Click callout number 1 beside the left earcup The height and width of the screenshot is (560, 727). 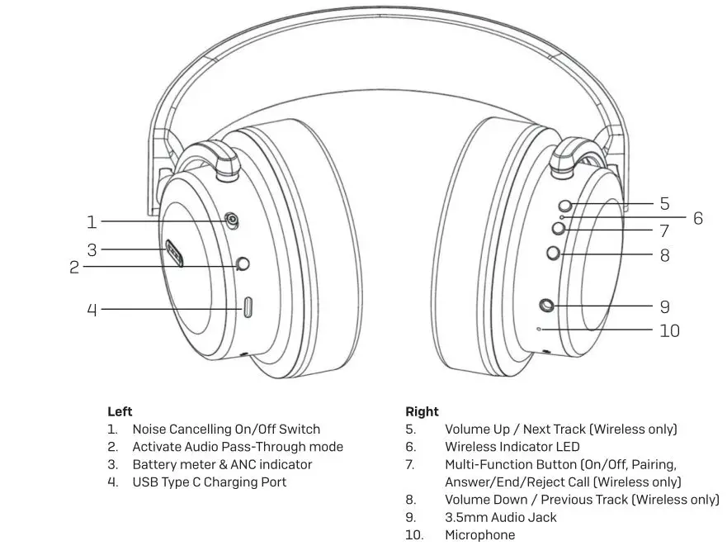92,221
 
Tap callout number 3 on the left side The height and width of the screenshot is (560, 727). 92,249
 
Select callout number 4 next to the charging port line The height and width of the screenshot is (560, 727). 92,310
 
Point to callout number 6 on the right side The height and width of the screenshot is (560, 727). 697,218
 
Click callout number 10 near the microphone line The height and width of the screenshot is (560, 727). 669,330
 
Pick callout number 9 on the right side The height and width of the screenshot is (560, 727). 664,306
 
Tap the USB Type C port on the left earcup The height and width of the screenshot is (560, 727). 248,308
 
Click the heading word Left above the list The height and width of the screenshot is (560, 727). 120,411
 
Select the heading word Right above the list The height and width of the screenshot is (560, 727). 422,411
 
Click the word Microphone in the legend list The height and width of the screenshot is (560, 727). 479,535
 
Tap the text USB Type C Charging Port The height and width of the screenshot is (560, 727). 209,482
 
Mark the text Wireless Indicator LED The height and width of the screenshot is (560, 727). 512,447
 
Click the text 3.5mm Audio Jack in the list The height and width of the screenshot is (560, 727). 500,517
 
